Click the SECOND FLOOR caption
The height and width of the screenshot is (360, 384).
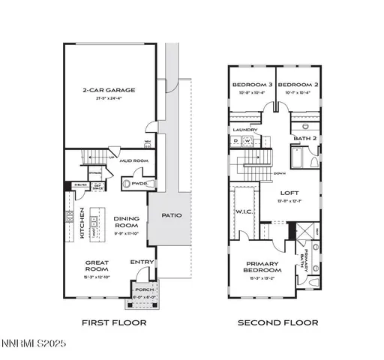[x=278, y=322]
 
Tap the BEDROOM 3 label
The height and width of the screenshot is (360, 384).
[x=251, y=85]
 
